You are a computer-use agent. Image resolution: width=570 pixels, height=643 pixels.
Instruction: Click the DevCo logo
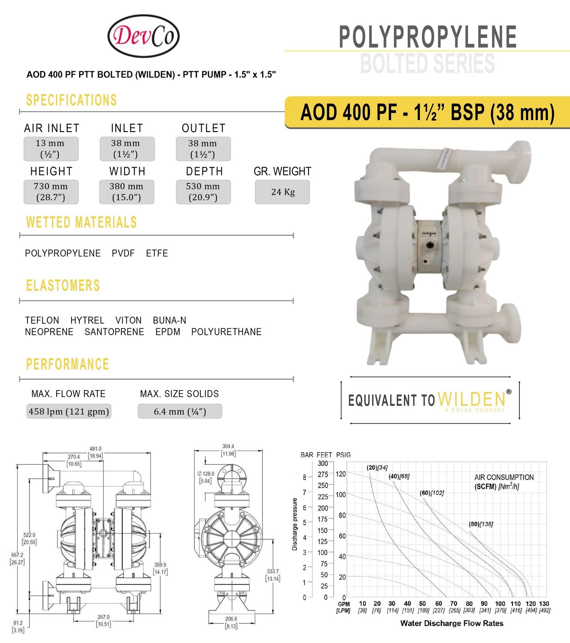[143, 36]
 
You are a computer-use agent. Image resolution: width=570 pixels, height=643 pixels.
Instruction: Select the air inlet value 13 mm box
[51, 149]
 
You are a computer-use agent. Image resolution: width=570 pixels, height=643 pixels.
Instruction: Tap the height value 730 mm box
[51, 192]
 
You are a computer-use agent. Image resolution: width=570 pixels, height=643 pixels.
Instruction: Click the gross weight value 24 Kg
[283, 192]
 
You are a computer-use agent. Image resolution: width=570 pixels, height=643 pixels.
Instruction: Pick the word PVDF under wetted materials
[123, 253]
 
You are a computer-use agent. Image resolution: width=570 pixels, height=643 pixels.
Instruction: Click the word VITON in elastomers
[128, 320]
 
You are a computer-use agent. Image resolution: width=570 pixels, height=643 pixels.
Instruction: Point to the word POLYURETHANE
[226, 332]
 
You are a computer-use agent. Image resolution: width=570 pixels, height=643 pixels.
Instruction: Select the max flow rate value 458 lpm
[69, 412]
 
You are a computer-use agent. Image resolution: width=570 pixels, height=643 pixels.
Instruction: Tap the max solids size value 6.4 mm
[180, 412]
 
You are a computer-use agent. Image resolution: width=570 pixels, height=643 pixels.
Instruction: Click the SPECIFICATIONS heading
[71, 100]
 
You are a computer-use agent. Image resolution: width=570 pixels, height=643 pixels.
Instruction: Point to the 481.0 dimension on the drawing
[95, 449]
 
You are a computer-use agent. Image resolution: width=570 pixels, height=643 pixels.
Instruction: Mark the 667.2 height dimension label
[17, 555]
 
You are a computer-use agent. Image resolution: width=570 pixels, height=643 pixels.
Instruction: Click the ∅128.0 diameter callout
[206, 474]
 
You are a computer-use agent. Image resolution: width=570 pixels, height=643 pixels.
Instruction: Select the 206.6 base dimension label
[231, 619]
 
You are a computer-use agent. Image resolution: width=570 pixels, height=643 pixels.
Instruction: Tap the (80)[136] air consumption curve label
[481, 524]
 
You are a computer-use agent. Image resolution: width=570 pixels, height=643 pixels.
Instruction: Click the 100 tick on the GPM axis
[500, 604]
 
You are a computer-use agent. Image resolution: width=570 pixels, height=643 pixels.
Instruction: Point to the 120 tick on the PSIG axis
[341, 474]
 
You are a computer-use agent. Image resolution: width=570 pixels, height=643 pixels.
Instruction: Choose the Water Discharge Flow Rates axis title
[452, 623]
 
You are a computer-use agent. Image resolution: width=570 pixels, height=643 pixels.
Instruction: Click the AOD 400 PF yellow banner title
[427, 112]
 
